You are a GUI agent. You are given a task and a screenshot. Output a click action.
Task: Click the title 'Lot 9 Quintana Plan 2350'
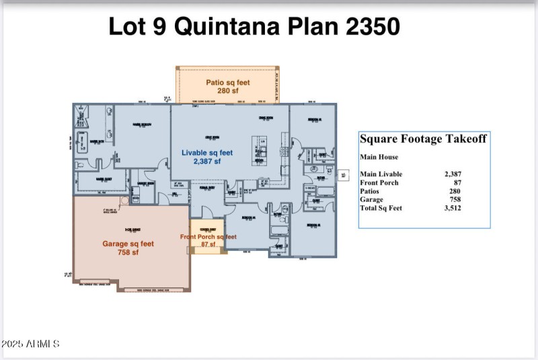(254, 26)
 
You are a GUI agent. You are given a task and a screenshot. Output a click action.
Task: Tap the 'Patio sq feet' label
(228, 83)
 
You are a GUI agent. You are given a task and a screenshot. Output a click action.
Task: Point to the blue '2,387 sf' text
(207, 161)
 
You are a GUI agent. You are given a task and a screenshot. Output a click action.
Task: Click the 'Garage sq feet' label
(128, 244)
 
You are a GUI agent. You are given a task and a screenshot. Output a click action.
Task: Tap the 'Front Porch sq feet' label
(208, 237)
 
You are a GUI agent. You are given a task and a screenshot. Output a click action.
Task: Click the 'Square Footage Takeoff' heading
(423, 139)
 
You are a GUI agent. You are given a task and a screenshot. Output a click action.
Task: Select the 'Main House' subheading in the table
(379, 157)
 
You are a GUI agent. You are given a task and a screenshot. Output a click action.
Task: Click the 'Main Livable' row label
(381, 174)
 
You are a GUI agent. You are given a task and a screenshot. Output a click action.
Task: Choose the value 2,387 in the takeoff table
(453, 174)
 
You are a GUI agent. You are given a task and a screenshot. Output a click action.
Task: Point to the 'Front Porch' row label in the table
(379, 182)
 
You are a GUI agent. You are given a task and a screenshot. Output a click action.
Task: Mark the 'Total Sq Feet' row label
(381, 208)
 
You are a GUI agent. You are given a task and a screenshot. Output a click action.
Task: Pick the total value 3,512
(453, 208)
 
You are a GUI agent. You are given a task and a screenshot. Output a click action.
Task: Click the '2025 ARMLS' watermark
(31, 344)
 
